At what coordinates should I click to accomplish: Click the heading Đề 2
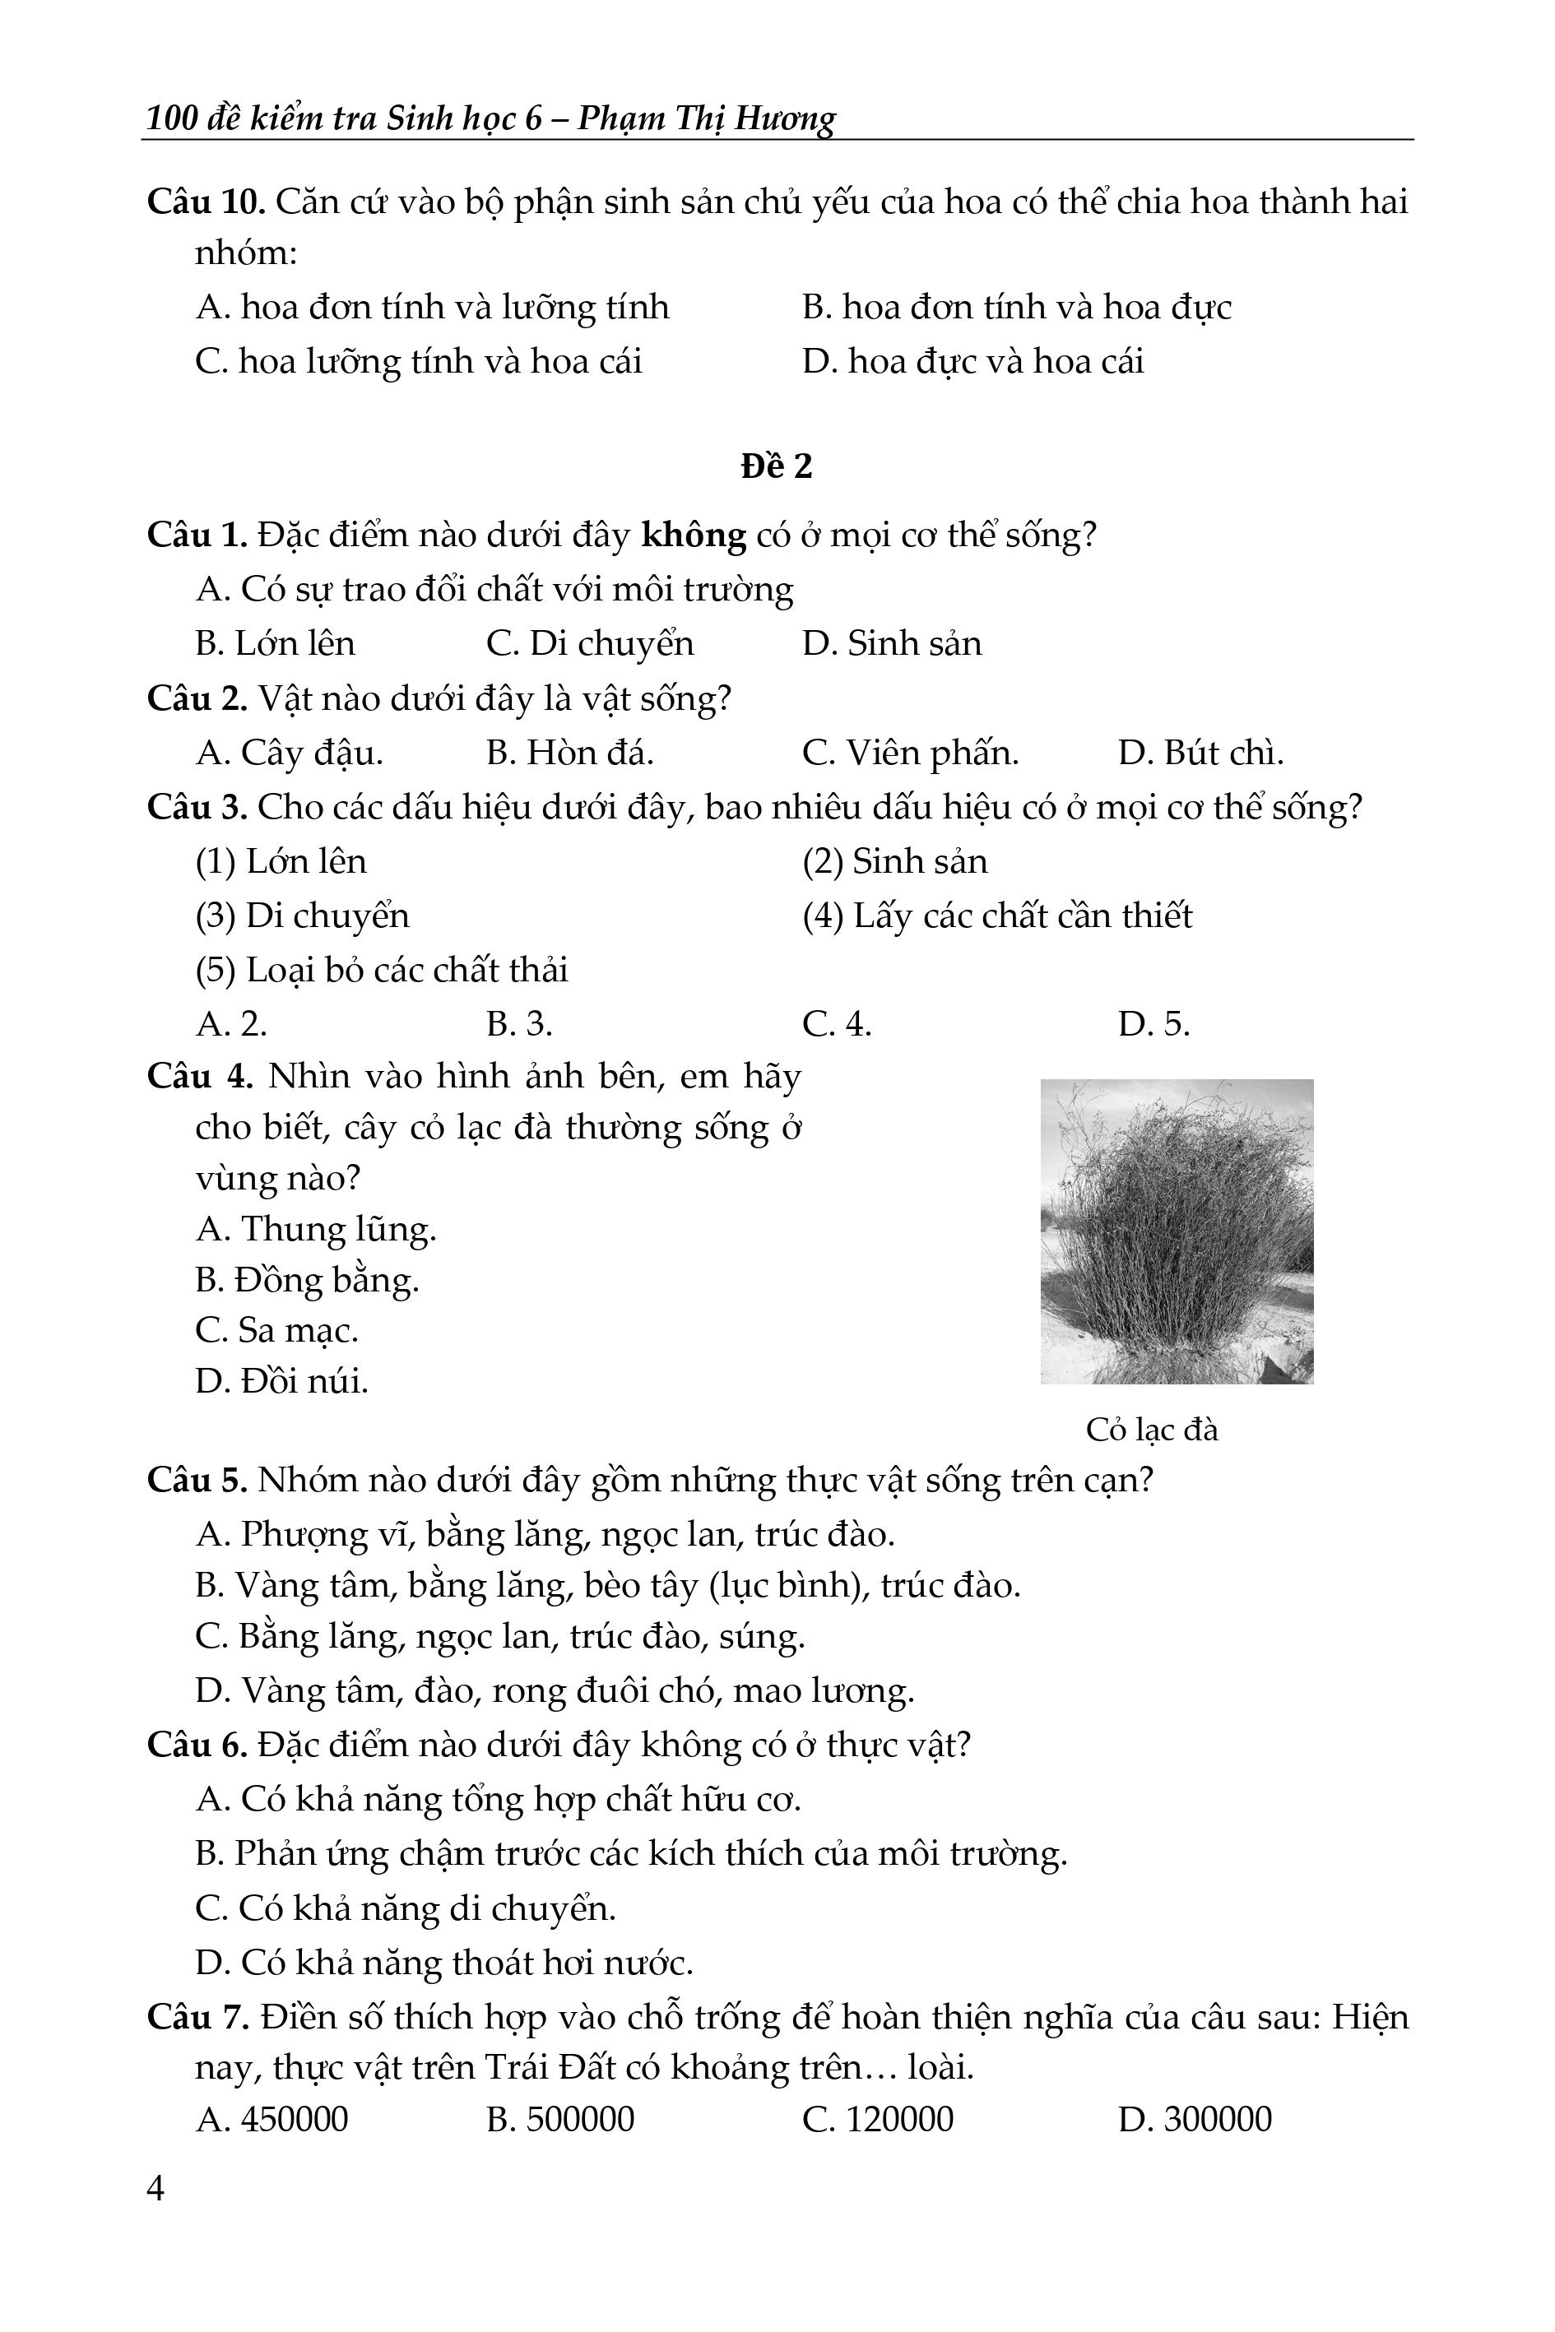(777, 466)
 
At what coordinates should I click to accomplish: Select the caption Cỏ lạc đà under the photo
(1151, 1429)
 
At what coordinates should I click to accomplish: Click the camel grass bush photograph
(1177, 1231)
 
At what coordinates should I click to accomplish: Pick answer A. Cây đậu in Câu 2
(289, 753)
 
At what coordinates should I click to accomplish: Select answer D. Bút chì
(1200, 753)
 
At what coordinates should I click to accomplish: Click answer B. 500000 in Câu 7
(560, 2119)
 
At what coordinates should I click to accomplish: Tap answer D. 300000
(1194, 2119)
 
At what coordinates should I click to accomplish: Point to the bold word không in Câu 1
(694, 535)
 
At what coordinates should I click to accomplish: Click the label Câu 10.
(206, 202)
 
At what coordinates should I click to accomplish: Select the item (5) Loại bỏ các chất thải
(382, 969)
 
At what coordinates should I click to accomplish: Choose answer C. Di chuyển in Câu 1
(590, 643)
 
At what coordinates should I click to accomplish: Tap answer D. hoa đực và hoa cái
(972, 361)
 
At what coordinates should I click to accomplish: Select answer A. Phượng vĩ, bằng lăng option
(545, 1534)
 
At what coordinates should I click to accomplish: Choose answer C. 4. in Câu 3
(837, 1023)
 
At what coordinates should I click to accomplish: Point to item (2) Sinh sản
(894, 860)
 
